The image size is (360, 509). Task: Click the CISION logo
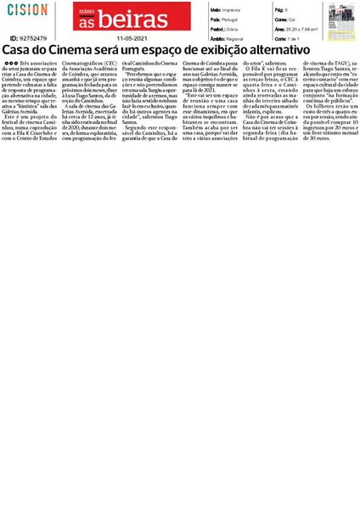click(x=29, y=10)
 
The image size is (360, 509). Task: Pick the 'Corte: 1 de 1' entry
click(x=287, y=38)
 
